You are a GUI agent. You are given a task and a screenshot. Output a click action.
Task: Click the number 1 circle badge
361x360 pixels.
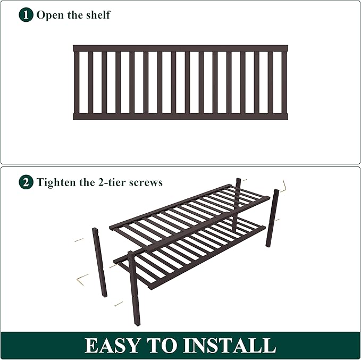(x=26, y=14)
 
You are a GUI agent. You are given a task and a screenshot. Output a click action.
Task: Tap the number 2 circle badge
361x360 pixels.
(x=26, y=182)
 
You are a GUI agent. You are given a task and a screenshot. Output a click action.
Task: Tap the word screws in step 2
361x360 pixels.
(x=146, y=182)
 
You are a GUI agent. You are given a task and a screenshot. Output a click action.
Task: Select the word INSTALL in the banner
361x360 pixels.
(x=231, y=346)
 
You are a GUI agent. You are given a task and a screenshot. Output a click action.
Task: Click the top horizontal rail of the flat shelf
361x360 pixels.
(x=180, y=48)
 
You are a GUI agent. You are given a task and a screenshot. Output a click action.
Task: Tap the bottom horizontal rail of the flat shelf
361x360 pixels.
(x=180, y=116)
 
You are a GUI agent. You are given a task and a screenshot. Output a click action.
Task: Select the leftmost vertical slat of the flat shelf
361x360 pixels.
(x=77, y=82)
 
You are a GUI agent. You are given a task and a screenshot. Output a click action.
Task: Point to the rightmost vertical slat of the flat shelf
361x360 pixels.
(x=284, y=82)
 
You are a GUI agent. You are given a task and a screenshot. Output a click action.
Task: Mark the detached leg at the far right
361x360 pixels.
(x=273, y=218)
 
